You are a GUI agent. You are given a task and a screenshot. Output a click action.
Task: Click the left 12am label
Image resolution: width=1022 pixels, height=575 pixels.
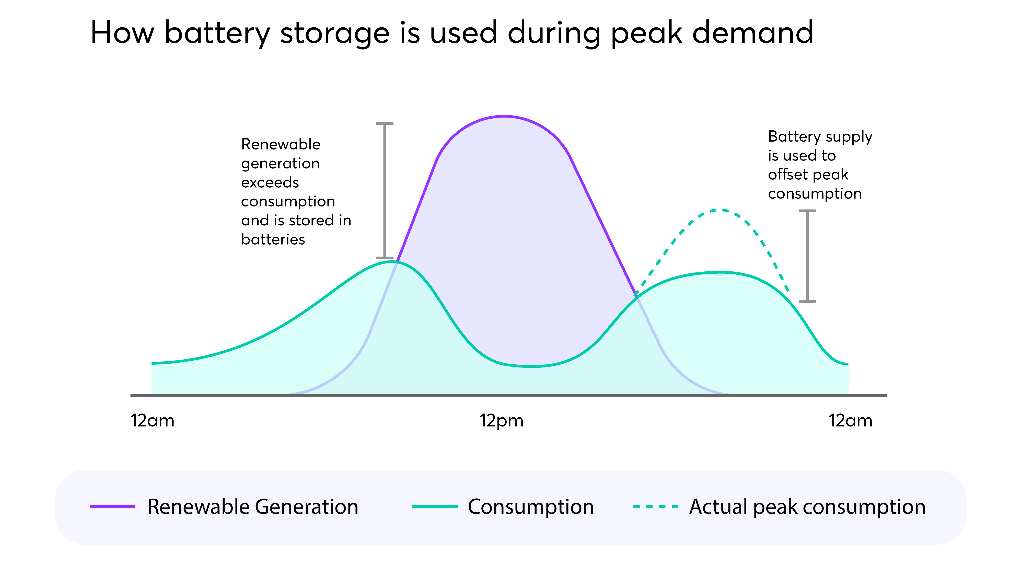pyautogui.click(x=152, y=421)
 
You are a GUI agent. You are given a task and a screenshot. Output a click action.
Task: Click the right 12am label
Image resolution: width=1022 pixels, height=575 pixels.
pyautogui.click(x=850, y=421)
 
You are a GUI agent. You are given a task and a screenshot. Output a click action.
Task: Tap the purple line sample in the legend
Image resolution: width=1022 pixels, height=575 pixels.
pyautogui.click(x=112, y=507)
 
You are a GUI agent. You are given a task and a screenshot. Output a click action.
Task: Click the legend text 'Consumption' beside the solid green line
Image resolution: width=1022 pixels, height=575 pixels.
pyautogui.click(x=530, y=507)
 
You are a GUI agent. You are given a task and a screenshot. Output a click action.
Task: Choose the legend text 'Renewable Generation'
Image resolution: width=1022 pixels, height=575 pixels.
pyautogui.click(x=253, y=507)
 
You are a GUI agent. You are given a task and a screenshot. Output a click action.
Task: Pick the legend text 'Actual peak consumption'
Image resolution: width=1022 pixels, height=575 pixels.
pyautogui.click(x=807, y=507)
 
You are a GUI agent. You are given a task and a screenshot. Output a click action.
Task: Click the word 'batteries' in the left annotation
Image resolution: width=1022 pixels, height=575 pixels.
pyautogui.click(x=273, y=239)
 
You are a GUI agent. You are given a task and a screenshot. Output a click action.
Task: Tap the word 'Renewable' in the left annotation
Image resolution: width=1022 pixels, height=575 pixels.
pyautogui.click(x=281, y=144)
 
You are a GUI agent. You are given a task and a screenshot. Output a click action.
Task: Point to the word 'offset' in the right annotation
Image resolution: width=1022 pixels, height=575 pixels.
pyautogui.click(x=787, y=175)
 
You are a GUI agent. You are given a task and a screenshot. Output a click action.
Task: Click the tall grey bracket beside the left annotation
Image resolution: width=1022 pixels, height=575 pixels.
pyautogui.click(x=385, y=190)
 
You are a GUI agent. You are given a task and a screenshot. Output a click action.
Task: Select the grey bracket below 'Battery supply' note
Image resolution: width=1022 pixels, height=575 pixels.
pyautogui.click(x=807, y=256)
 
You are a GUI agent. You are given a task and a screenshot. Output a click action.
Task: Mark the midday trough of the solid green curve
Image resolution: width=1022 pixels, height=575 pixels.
pyautogui.click(x=532, y=366)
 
